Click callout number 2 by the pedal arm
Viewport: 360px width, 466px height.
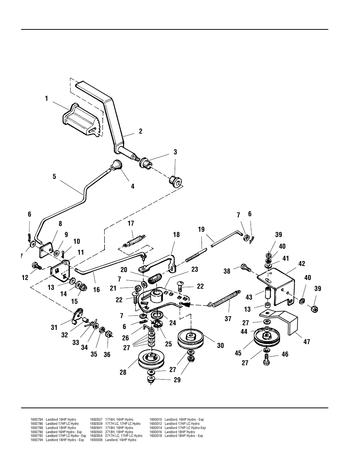(x=141, y=131)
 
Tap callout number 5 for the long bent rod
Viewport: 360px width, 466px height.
(x=54, y=176)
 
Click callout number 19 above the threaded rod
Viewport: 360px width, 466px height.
(x=201, y=229)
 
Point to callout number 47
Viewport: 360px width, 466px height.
(x=307, y=341)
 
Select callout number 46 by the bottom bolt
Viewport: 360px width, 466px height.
(x=285, y=354)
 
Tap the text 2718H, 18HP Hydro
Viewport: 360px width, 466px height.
(x=119, y=432)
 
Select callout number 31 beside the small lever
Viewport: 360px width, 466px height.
(x=54, y=328)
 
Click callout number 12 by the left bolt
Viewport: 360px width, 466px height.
(x=25, y=278)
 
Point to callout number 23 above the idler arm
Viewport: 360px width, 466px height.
(x=195, y=269)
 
